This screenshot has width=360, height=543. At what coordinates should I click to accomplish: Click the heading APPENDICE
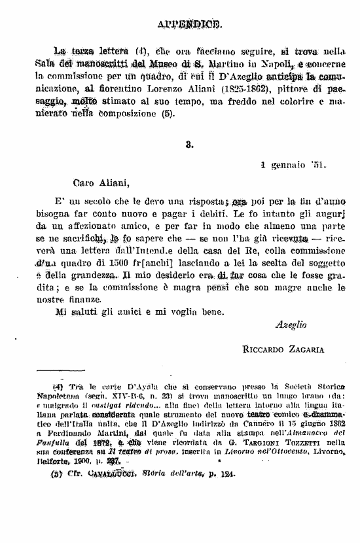(x=190, y=25)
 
